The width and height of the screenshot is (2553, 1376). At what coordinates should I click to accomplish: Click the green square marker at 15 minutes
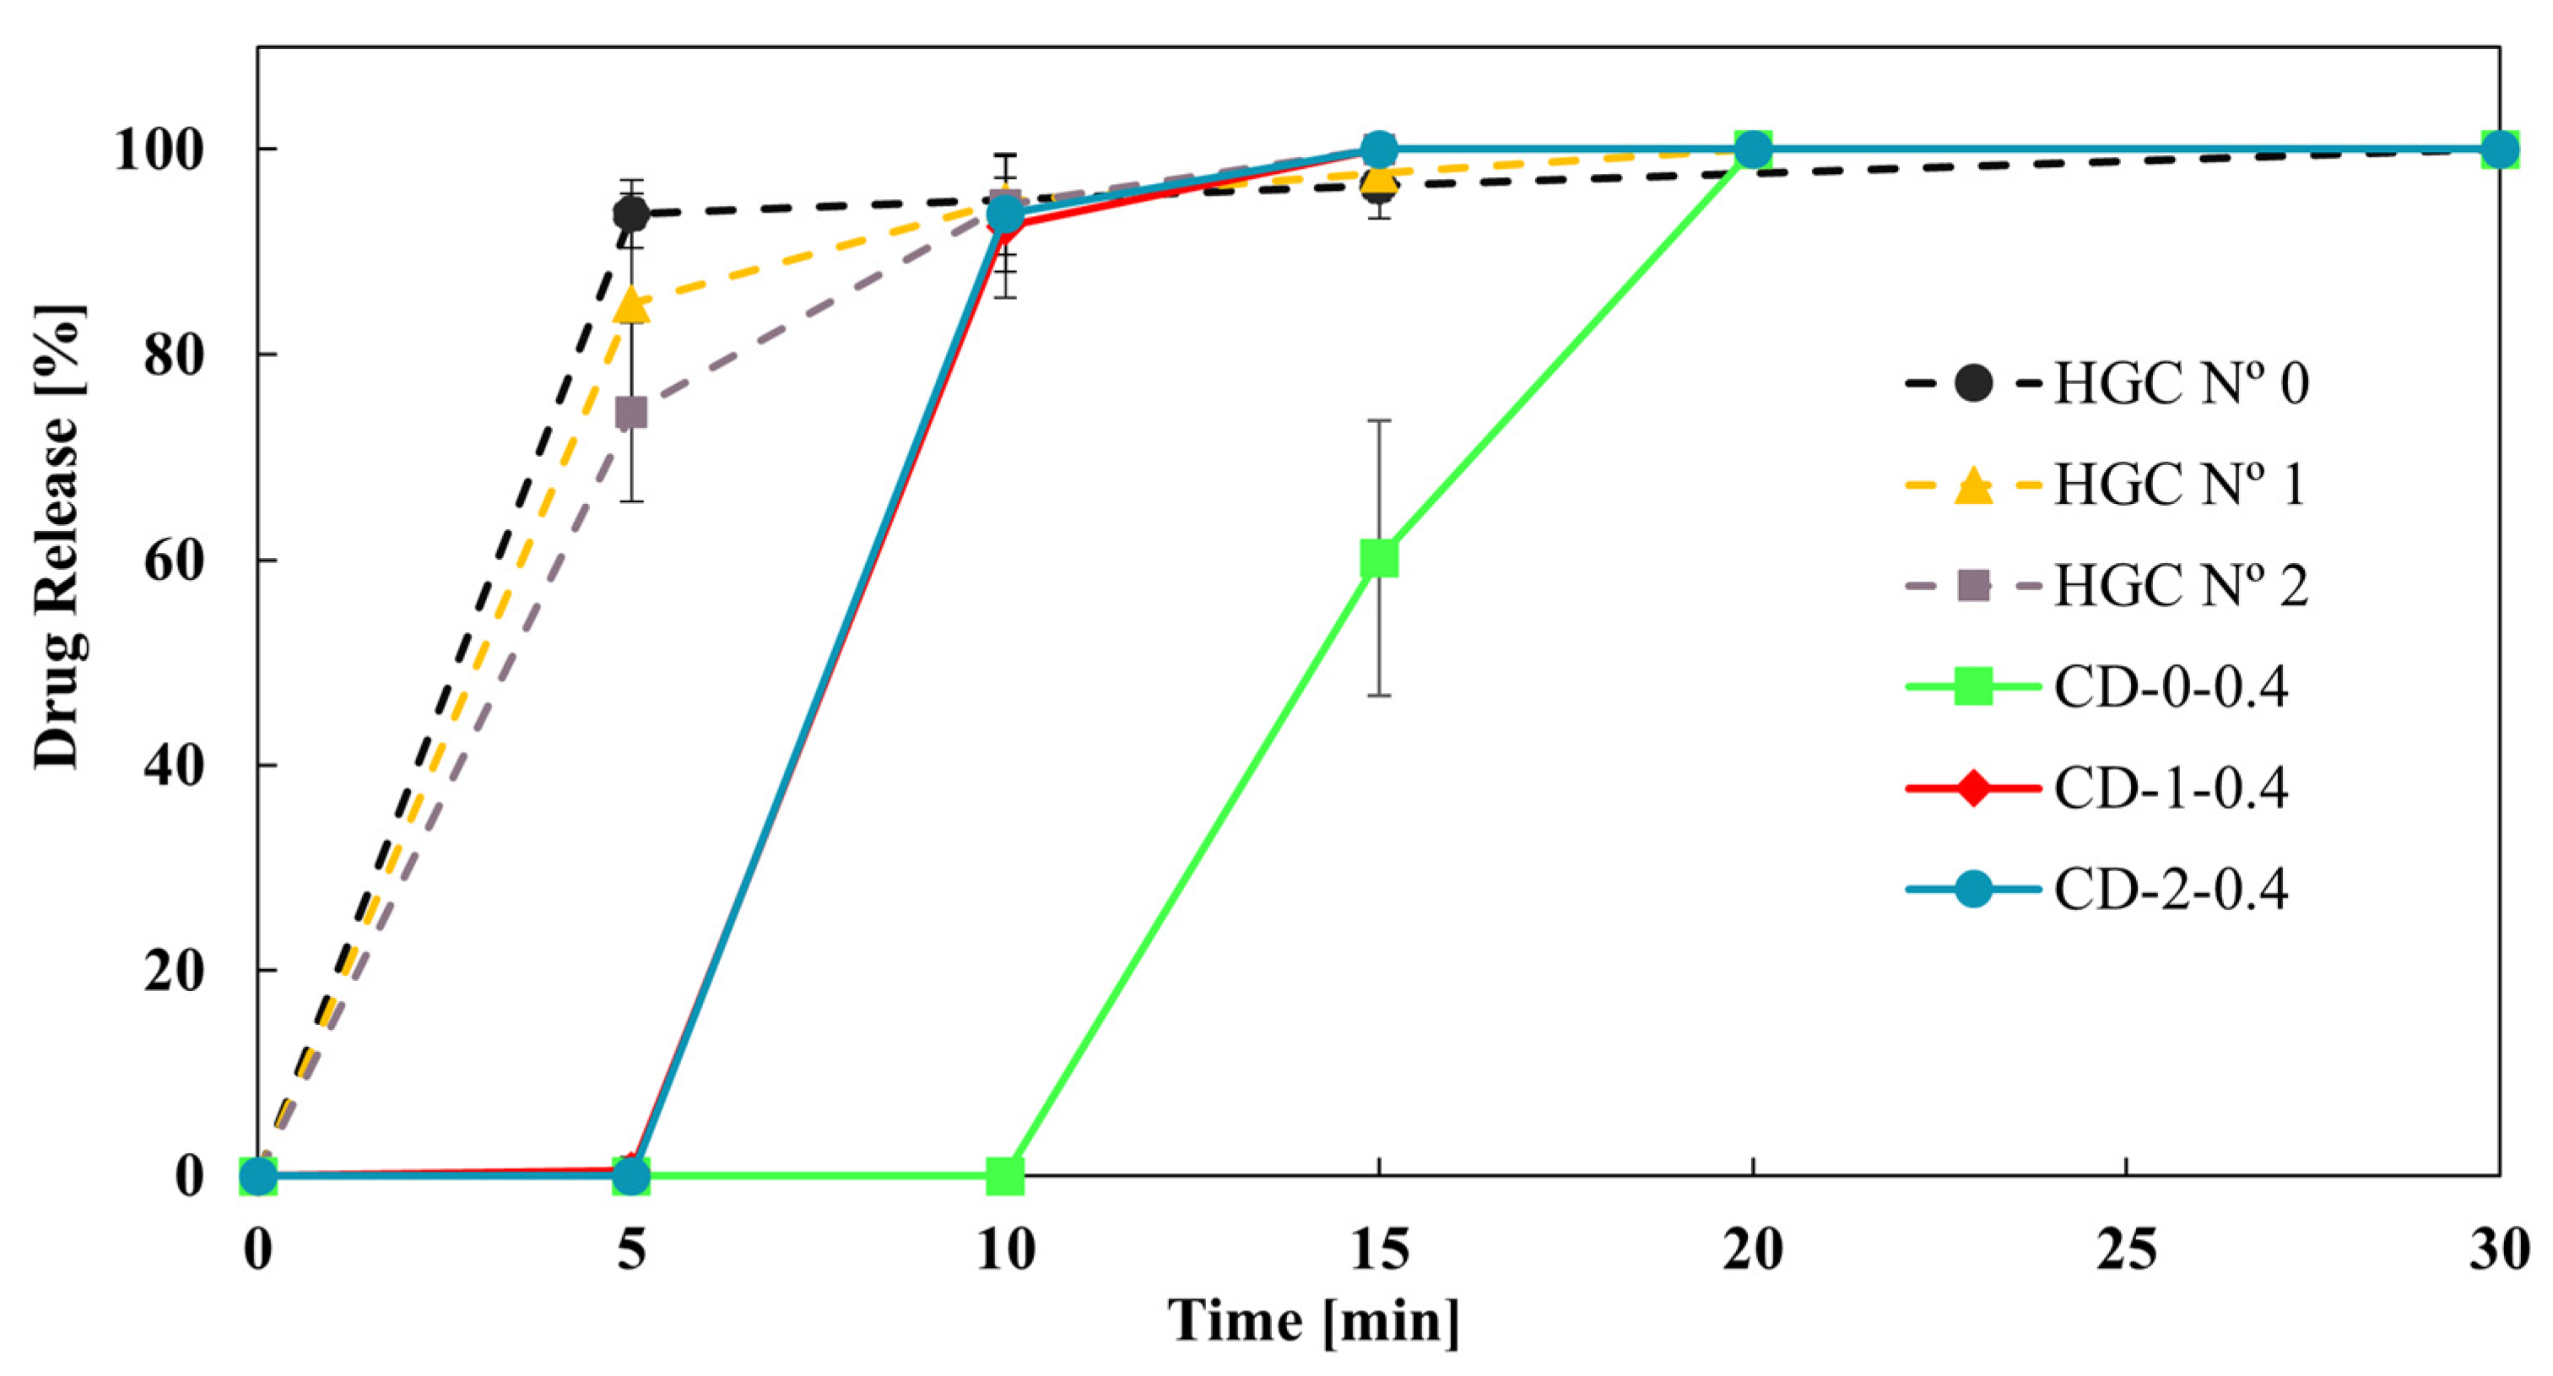coord(1378,558)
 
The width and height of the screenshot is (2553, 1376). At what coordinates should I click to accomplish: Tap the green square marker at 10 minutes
coord(1005,1176)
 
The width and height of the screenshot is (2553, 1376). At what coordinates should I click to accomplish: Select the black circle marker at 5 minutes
coord(631,213)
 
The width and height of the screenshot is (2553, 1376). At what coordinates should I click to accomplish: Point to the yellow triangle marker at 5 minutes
coord(631,306)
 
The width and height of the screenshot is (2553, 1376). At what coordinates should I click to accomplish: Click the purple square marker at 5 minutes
coord(631,413)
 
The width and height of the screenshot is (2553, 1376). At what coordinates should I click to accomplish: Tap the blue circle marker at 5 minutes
coord(631,1176)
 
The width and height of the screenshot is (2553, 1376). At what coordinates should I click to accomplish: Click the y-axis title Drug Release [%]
coord(57,536)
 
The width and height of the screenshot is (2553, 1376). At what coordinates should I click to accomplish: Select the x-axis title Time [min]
coord(1313,1321)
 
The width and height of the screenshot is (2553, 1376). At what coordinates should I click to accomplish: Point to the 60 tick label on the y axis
coord(175,561)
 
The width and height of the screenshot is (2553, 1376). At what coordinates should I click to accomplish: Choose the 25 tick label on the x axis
coord(2127,1250)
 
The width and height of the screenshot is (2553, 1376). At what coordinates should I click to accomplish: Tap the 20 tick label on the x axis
coord(1752,1250)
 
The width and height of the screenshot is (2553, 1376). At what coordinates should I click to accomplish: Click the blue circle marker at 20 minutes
coord(1753,149)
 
